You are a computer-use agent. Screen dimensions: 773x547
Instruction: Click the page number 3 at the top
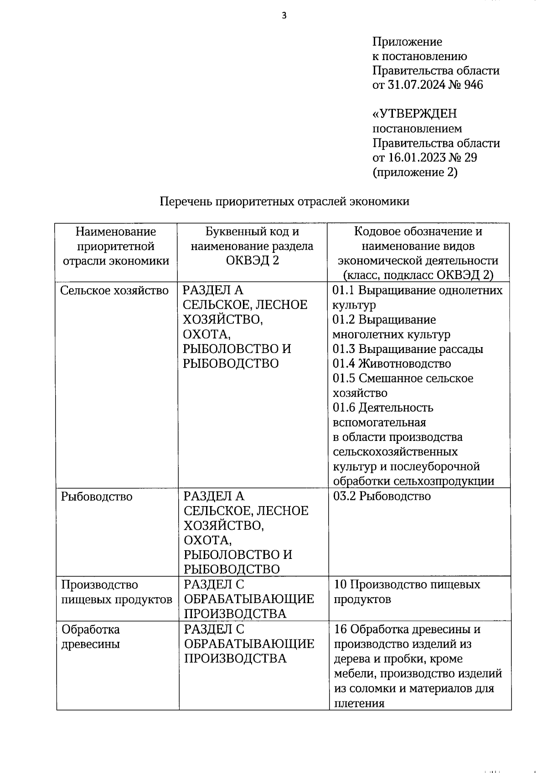point(284,16)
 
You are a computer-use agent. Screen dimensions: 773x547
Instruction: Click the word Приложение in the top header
point(407,42)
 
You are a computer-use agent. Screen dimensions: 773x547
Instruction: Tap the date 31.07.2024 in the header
point(416,85)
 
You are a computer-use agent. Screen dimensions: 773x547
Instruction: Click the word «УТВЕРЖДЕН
point(414,114)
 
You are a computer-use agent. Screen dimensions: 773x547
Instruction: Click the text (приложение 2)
point(415,172)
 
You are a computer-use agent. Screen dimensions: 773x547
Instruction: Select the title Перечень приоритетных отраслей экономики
point(284,201)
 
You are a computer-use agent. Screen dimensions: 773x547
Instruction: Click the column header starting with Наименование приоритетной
point(116,246)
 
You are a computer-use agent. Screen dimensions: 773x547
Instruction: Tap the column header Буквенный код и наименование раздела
point(252,246)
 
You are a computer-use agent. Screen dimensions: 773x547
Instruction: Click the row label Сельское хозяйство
point(114,291)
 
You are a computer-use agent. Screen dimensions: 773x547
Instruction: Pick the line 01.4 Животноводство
point(392,363)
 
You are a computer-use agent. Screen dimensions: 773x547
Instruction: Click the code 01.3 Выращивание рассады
point(408,349)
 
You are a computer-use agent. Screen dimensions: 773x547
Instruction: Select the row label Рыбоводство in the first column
point(97,497)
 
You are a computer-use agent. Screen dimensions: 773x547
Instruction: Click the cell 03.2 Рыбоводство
point(382,496)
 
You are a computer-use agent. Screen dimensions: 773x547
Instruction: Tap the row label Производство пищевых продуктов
point(116,592)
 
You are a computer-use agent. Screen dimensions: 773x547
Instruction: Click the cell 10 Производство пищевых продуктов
point(407,592)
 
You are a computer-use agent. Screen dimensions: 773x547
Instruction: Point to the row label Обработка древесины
point(91,637)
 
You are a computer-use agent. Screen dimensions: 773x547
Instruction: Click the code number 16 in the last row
point(340,630)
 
